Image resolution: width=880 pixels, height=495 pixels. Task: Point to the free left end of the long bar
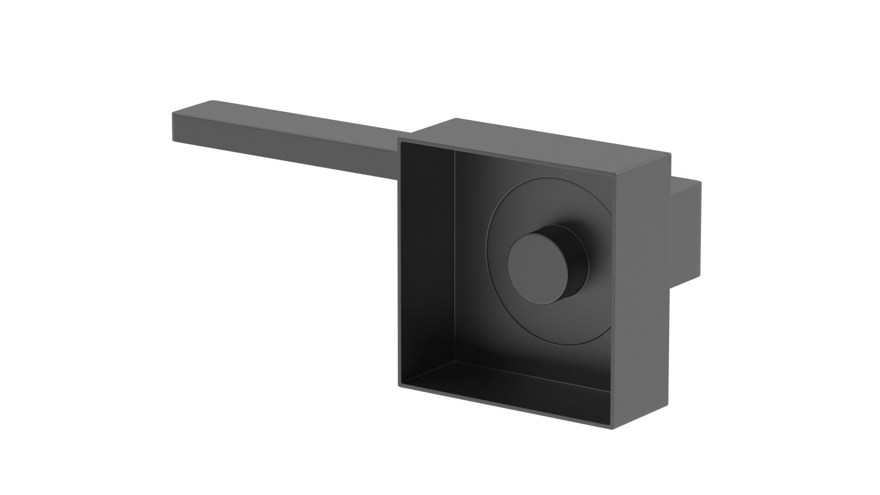pyautogui.click(x=172, y=128)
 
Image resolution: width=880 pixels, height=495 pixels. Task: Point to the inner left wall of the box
pyautogui.click(x=427, y=256)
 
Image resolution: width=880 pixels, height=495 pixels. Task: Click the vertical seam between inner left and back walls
pyautogui.click(x=454, y=256)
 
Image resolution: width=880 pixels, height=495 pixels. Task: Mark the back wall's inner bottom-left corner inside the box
pyautogui.click(x=454, y=361)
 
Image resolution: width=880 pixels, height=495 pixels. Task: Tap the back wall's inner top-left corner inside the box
pyautogui.click(x=454, y=151)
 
